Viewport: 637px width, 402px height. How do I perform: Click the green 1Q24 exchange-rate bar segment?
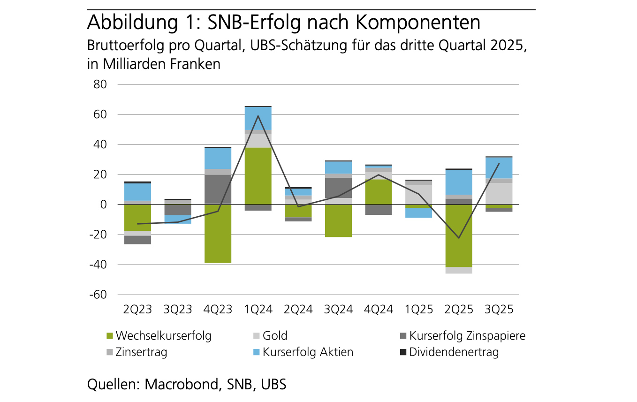pos(258,176)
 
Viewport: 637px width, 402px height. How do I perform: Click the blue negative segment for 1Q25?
pos(419,212)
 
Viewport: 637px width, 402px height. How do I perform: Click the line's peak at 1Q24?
pos(258,116)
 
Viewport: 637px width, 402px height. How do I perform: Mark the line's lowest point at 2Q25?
pos(459,238)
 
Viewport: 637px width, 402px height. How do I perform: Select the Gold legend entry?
pos(275,336)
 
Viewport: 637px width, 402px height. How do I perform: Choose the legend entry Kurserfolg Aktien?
pos(308,352)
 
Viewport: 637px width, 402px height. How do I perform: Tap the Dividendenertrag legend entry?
pos(454,352)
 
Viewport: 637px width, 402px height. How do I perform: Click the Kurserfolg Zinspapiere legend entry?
pos(467,336)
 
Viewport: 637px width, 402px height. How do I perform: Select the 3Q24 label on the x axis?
pos(338,310)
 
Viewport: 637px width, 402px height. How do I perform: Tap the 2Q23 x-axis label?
pos(137,310)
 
